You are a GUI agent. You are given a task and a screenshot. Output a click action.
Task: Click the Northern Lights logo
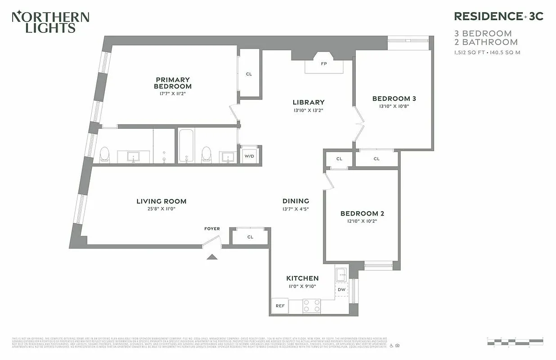pos(50,22)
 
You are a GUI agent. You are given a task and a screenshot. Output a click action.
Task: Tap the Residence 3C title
pos(498,16)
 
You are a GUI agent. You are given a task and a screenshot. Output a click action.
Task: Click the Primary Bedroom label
pos(173,83)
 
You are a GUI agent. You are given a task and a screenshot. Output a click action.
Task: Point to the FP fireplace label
pos(323,64)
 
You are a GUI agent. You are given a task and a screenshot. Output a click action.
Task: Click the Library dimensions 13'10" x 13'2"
pos(308,110)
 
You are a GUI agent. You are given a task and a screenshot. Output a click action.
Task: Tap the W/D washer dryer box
pos(249,156)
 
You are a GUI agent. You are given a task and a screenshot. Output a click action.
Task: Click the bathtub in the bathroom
pos(185,145)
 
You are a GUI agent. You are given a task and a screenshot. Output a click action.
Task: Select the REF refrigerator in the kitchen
pos(280,306)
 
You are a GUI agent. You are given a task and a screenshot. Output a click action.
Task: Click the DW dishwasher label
pos(342,289)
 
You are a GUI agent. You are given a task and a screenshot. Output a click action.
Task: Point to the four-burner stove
pos(311,306)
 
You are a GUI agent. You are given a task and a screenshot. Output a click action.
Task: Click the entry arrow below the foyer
pos(211,257)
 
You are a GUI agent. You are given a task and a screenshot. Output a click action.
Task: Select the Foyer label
pos(212,229)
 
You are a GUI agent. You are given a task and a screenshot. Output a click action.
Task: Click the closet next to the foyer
pos(250,237)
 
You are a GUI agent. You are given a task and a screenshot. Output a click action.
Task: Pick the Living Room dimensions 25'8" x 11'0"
pos(161,209)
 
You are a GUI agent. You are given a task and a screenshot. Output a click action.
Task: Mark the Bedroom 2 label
pos(362,213)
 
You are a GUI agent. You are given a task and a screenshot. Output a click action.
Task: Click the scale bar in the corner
pos(515,341)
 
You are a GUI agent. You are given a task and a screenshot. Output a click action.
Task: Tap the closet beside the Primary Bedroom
pos(249,74)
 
